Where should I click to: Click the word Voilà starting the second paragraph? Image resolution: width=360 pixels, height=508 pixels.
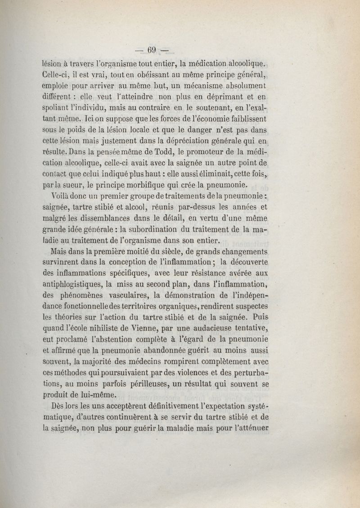click(x=63, y=197)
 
